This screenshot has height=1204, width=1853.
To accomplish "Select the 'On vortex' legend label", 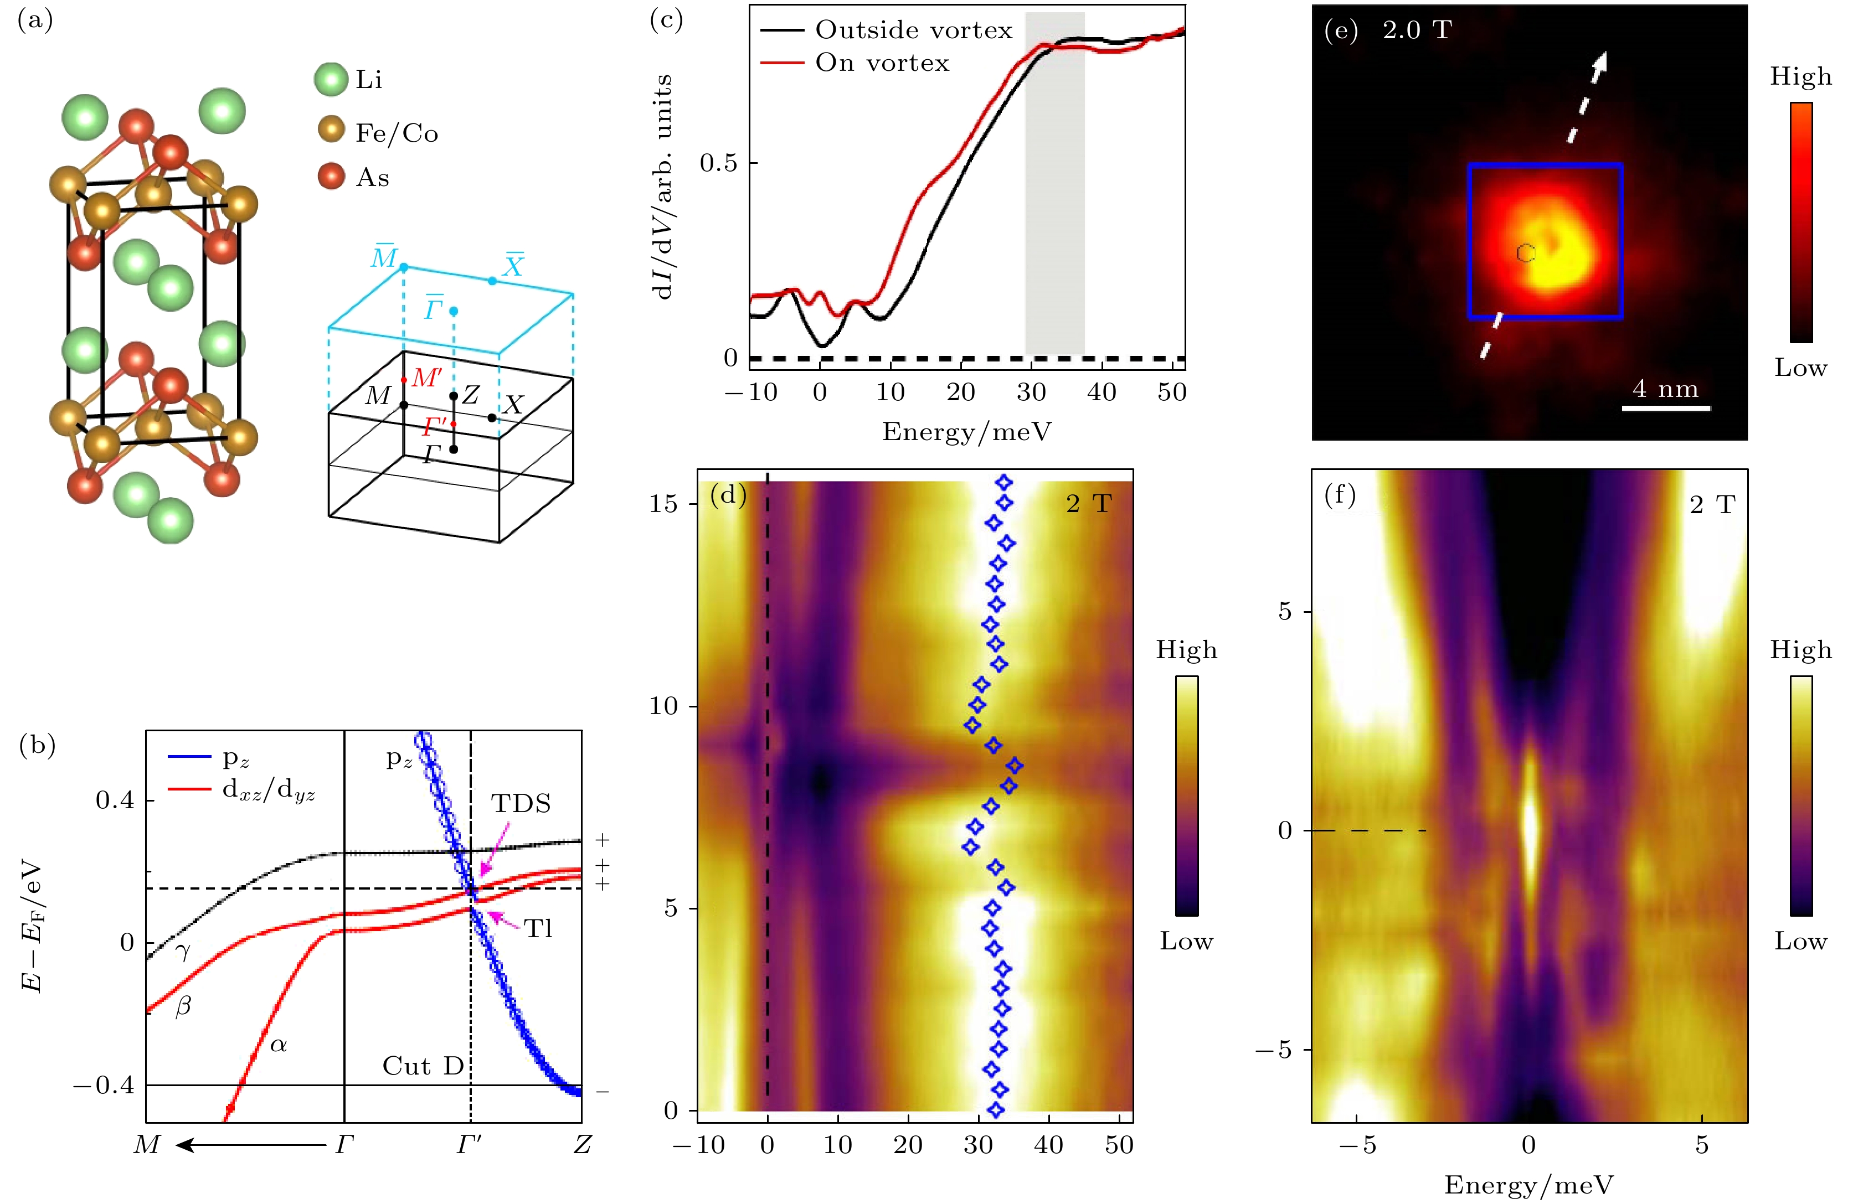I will pos(882,63).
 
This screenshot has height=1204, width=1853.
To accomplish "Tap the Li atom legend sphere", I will pos(331,79).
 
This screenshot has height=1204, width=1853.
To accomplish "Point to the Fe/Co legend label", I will pos(397,133).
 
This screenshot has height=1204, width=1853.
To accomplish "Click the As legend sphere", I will pos(332,176).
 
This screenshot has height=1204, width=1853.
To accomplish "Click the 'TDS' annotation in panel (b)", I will pos(521,804).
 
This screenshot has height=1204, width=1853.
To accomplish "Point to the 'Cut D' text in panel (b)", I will pos(423,1066).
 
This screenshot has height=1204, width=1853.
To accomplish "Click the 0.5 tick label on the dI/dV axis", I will pos(718,163).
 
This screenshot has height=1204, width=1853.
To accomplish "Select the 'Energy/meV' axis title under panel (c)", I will pos(966,432).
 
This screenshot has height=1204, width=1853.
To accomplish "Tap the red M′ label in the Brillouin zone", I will pos(426,378).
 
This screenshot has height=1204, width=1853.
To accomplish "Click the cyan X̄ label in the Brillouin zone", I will pos(512,266).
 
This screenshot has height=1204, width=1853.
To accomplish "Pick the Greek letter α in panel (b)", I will pos(278,1045).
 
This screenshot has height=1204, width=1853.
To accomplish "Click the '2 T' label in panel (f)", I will pos(1713,505).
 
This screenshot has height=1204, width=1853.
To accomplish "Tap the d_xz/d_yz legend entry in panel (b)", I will pos(269,790).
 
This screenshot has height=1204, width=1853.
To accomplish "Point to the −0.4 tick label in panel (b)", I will pos(104,1085).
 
